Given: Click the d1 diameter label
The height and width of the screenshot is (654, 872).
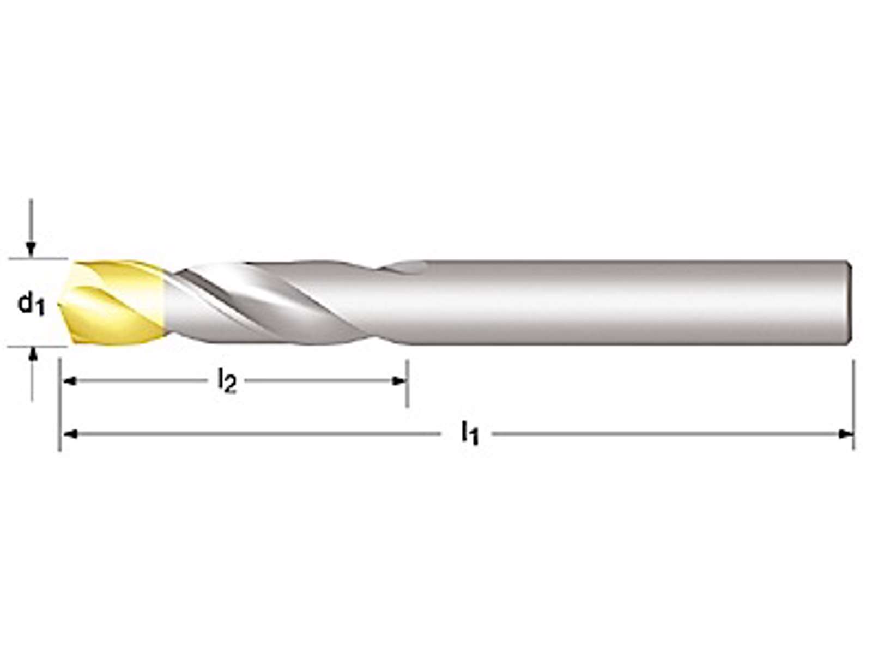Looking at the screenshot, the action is pyautogui.click(x=31, y=304).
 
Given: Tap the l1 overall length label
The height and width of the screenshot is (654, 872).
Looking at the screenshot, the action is pyautogui.click(x=470, y=434).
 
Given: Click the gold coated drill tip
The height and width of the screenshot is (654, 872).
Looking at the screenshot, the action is pyautogui.click(x=113, y=302).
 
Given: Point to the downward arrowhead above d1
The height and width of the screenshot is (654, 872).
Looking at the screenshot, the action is pyautogui.click(x=31, y=250).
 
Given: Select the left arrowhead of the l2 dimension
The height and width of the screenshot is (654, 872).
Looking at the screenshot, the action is pyautogui.click(x=70, y=381).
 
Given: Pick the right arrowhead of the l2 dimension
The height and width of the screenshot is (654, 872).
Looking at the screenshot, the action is pyautogui.click(x=398, y=381).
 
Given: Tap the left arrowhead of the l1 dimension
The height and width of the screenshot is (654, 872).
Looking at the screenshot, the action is pyautogui.click(x=70, y=434).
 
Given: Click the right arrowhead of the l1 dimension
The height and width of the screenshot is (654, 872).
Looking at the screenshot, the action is pyautogui.click(x=845, y=434).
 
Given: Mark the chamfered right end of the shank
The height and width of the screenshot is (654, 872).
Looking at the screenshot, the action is pyautogui.click(x=847, y=302).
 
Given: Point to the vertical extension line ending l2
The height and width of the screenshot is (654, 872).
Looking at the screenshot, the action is pyautogui.click(x=407, y=384).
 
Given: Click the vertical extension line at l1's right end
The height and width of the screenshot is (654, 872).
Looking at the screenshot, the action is pyautogui.click(x=853, y=405).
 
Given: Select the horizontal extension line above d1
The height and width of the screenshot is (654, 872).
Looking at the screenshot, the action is pyautogui.click(x=38, y=258).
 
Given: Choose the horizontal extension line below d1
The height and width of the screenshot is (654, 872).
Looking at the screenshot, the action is pyautogui.click(x=38, y=347).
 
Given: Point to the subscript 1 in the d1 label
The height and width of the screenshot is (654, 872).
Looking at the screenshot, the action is pyautogui.click(x=40, y=309).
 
